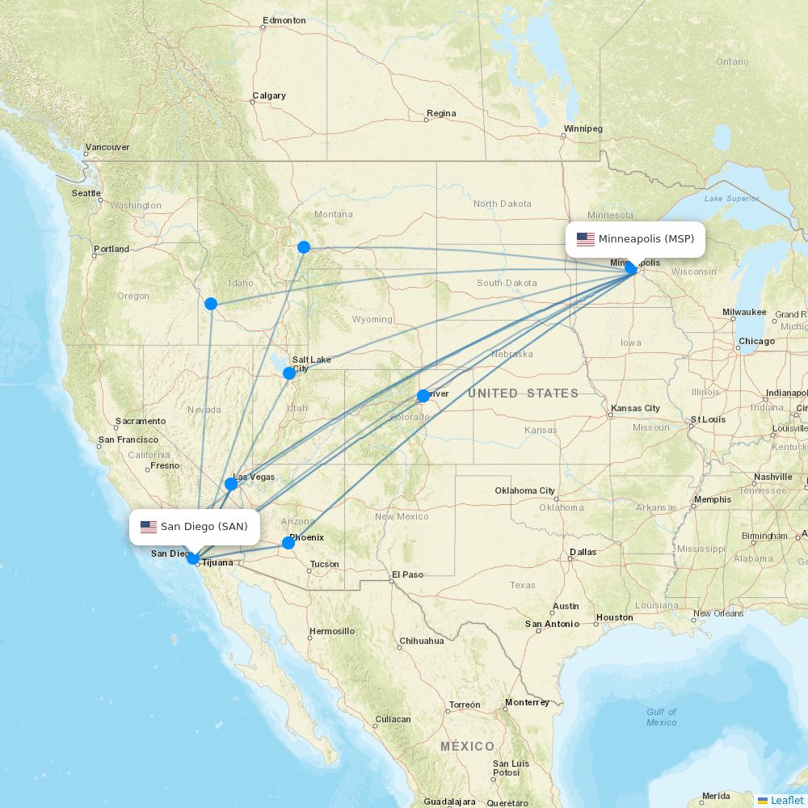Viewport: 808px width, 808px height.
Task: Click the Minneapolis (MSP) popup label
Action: point(635,239)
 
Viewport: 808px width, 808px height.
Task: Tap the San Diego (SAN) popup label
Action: point(195,527)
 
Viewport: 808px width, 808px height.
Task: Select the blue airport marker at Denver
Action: point(423,396)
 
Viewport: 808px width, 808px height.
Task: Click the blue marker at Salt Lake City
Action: point(289,372)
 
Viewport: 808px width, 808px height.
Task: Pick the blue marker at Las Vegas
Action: point(231,484)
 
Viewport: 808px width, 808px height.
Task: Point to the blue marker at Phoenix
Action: point(288,543)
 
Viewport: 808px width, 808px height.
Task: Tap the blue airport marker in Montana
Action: point(304,247)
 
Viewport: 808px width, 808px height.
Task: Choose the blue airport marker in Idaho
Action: point(211,304)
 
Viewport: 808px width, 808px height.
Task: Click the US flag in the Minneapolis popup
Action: point(586,239)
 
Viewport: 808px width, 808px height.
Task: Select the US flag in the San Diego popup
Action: point(149,527)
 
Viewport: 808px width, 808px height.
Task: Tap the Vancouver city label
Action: point(107,147)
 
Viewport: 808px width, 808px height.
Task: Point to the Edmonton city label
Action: point(284,20)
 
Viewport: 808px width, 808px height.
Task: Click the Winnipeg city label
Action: point(583,128)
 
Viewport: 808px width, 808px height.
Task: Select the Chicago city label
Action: point(756,341)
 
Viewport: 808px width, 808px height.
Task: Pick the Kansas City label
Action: point(636,408)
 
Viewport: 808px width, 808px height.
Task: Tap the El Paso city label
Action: point(407,574)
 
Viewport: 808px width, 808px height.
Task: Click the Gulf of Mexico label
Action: point(661,717)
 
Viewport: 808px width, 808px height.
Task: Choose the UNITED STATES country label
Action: point(523,393)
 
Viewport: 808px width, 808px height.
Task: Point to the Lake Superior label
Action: point(731,198)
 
